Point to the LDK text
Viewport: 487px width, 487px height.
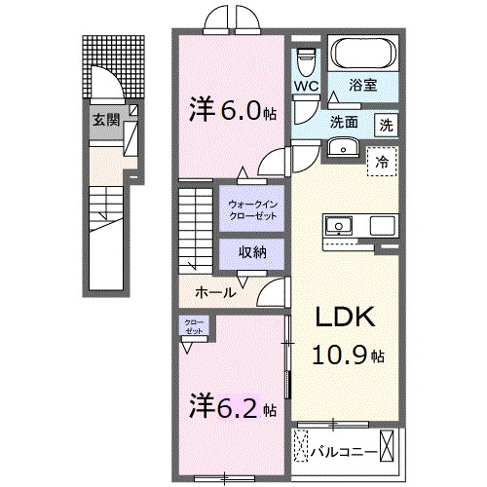339,319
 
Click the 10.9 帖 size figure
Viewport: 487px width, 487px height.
346,356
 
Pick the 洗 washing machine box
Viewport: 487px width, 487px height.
388,125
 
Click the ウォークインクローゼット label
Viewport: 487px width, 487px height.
251,208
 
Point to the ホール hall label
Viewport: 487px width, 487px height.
215,291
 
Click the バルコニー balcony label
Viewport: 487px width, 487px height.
341,450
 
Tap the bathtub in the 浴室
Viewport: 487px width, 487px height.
364,52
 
